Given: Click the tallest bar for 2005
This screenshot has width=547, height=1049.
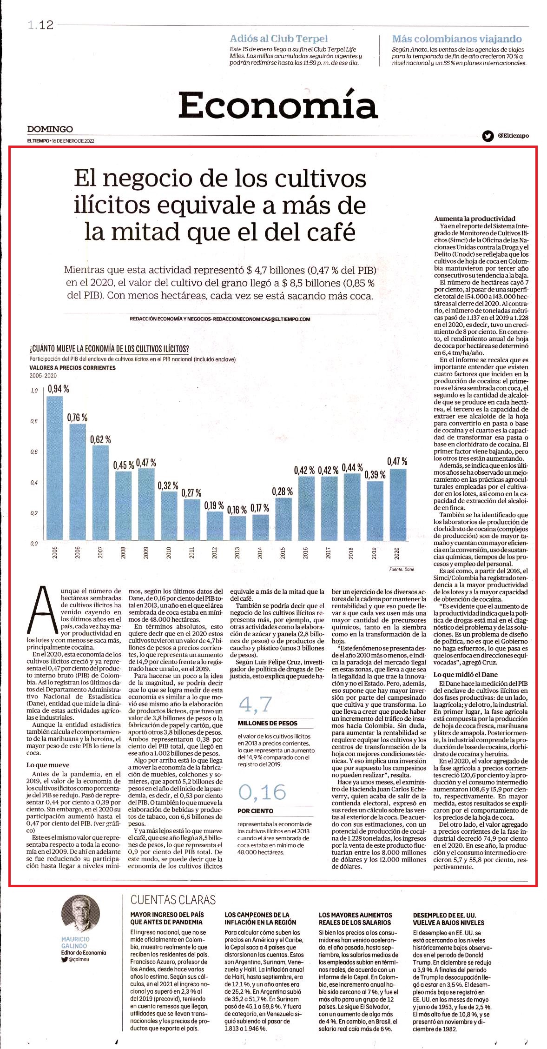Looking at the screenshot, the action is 54,468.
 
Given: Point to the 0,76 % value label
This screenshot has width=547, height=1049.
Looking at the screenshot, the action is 77,418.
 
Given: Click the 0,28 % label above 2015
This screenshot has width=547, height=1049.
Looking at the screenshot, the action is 283,491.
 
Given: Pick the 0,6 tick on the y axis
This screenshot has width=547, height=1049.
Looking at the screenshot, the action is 34,452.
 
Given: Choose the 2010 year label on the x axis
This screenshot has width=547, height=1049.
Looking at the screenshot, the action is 169,552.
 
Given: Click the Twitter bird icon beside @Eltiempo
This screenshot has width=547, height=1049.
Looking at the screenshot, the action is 488,136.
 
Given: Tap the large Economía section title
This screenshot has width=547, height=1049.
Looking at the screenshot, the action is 278,106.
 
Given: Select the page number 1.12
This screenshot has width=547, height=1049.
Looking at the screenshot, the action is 40,25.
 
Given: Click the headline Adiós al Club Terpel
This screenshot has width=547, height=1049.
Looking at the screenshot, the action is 279,39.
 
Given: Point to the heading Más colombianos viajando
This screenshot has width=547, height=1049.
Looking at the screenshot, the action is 457,39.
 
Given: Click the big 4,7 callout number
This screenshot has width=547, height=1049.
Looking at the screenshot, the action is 255,704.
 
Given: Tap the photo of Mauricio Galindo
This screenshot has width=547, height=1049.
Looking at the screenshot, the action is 80,914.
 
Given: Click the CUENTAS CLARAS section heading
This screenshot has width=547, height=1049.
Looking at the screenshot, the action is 173,900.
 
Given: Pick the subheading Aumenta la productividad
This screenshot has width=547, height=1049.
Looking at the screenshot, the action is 475,219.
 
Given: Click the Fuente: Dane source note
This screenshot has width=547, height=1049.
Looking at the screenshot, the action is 402,569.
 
